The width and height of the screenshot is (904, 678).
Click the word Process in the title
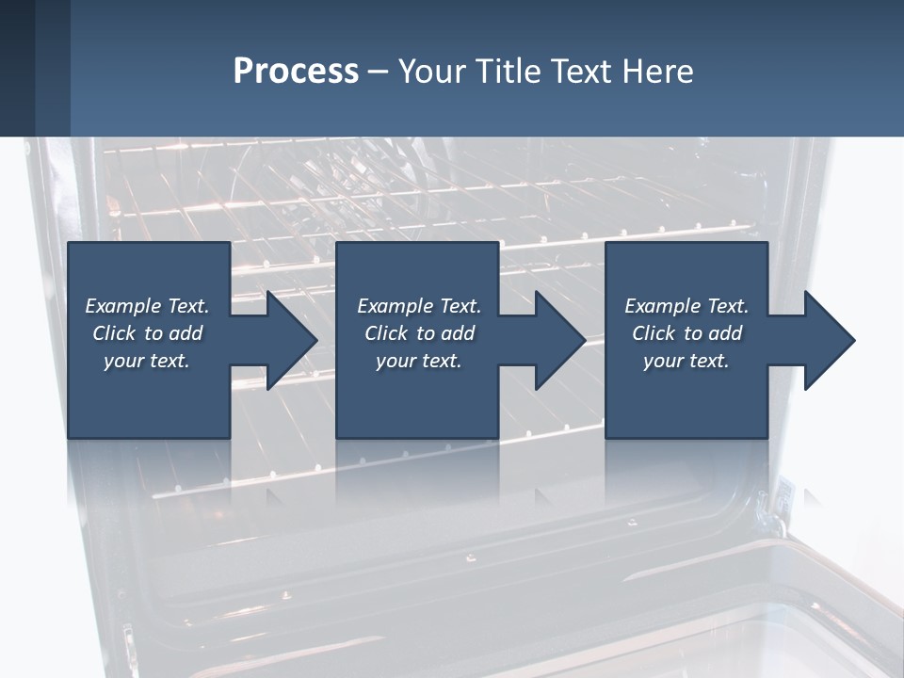296,72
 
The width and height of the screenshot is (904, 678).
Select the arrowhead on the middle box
558,340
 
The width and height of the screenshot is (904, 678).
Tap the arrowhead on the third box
828,340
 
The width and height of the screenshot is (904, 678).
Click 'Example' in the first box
123,306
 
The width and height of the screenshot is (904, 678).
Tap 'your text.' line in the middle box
418,361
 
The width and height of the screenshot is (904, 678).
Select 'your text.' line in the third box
686,361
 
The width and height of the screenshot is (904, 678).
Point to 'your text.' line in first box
147,361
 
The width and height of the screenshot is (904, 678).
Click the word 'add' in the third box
724,333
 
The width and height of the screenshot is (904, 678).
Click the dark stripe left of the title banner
18,68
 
